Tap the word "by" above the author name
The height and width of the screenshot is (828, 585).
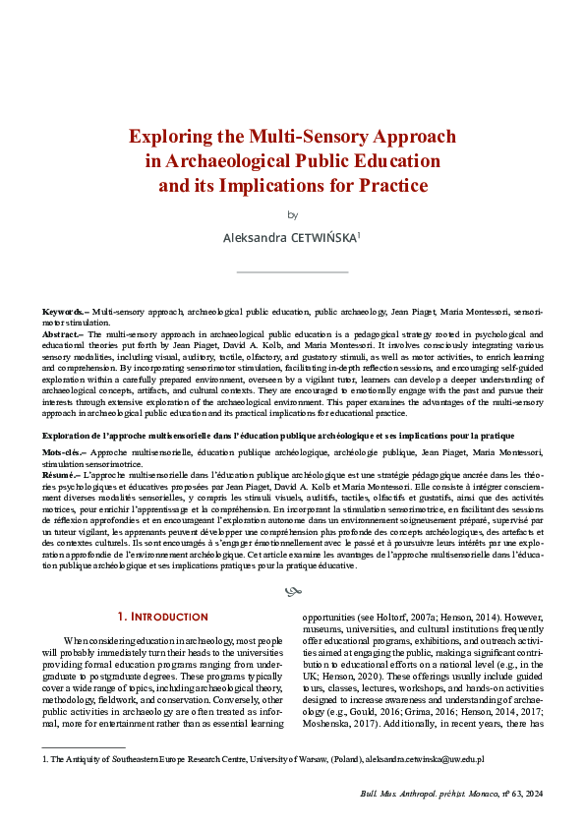(292, 214)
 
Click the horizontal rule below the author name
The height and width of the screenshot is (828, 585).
(292, 271)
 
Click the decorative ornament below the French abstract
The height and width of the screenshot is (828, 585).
(292, 591)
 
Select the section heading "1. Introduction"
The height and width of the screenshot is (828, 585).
(164, 618)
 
